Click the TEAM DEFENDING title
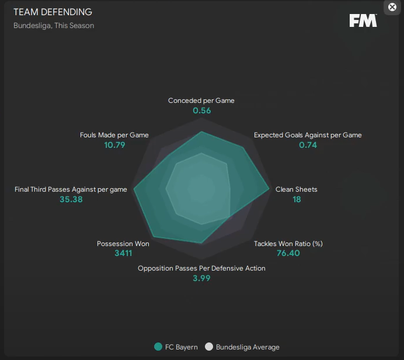53,12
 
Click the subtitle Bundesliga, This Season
54,26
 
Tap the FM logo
363,20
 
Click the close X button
392,7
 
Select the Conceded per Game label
201,101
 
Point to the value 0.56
201,110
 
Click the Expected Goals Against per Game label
308,135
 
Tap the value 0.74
308,145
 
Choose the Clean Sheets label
297,189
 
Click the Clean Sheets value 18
297,199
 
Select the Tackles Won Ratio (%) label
288,244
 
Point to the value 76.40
288,254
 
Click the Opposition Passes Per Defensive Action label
201,268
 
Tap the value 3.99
201,278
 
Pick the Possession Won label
123,244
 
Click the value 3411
123,254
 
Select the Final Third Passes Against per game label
71,189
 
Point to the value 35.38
71,199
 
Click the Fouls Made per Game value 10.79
114,145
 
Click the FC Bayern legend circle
158,347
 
